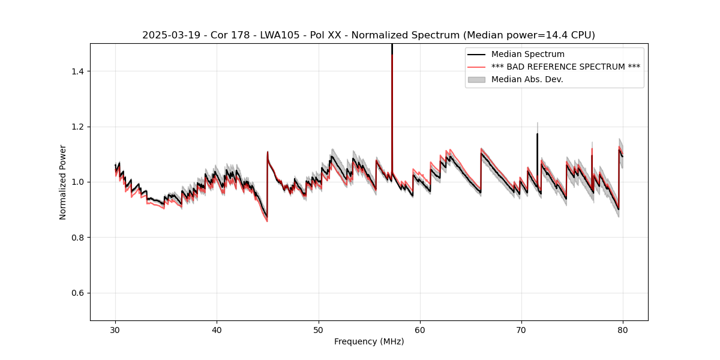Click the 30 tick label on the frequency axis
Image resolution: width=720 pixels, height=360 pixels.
click(115, 329)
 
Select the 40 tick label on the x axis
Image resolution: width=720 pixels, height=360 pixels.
click(217, 329)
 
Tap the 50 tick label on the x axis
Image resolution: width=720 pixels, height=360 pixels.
click(318, 329)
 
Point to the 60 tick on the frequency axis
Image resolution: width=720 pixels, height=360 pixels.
click(420, 329)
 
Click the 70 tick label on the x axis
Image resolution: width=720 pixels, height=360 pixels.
click(521, 329)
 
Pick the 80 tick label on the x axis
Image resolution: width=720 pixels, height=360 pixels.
click(623, 329)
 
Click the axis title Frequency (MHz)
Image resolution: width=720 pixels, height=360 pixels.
click(369, 341)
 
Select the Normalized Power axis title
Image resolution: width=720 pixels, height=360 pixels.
click(63, 182)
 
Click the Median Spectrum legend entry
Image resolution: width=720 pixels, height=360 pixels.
click(527, 55)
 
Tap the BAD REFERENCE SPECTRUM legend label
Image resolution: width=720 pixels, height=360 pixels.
click(565, 67)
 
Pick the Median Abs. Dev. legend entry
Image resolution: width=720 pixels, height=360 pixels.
click(527, 79)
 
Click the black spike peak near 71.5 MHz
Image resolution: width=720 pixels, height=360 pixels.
click(537, 134)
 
